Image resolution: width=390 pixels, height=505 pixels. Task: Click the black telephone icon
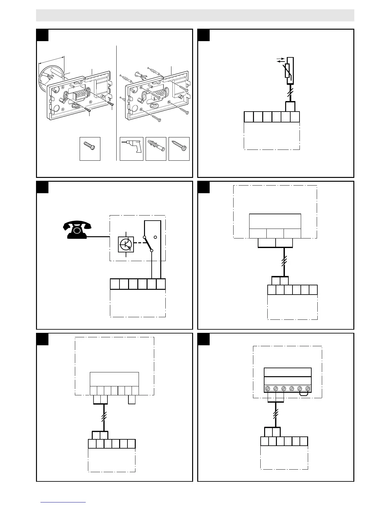(x=77, y=231)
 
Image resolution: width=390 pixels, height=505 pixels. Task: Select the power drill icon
(x=131, y=149)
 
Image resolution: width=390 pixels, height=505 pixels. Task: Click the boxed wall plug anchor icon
(x=156, y=149)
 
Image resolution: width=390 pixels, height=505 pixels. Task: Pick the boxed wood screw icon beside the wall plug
(x=179, y=149)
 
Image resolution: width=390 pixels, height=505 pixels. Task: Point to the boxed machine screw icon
(x=90, y=149)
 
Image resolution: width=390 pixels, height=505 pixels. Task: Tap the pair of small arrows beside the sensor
(x=280, y=61)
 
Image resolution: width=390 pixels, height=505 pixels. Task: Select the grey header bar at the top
(x=195, y=15)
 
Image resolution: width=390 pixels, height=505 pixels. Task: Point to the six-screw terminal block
(x=288, y=389)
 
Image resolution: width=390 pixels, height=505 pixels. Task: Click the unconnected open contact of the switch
(x=155, y=237)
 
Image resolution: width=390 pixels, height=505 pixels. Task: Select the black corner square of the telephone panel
(x=42, y=187)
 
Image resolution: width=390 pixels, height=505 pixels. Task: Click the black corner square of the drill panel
(x=42, y=35)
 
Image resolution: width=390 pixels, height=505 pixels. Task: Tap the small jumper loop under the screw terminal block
(x=304, y=394)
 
